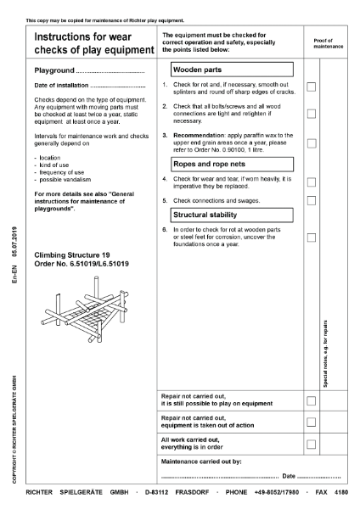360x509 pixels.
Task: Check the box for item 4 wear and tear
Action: pos(311,182)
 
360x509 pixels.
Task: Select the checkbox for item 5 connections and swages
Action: pos(311,200)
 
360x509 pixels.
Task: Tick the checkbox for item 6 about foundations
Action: pos(311,238)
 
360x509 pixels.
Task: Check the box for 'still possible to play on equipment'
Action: pos(311,400)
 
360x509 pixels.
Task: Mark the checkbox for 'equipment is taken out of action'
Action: pos(311,422)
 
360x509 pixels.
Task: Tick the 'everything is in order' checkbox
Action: pos(311,444)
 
